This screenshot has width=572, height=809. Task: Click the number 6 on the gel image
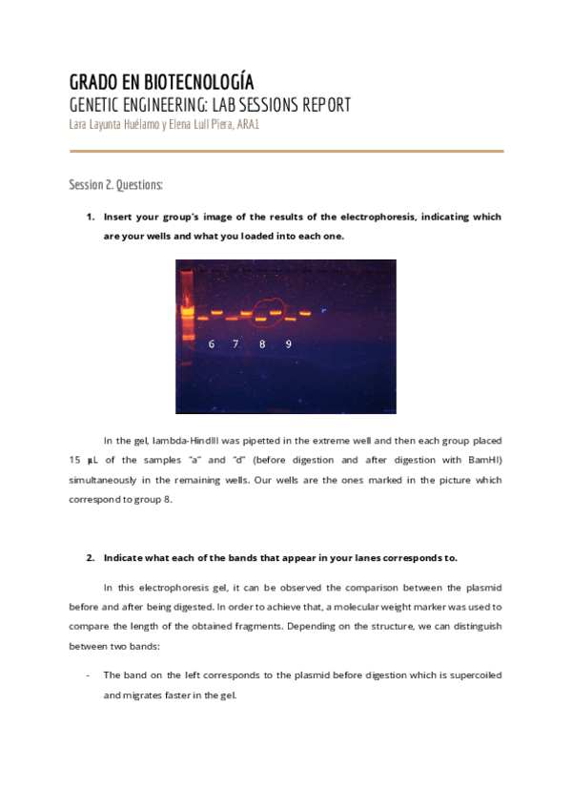(212, 344)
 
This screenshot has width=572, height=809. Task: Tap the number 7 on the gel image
(235, 344)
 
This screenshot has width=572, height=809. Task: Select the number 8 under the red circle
(262, 344)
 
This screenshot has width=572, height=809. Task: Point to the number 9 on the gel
(288, 344)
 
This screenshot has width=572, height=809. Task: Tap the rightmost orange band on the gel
(306, 312)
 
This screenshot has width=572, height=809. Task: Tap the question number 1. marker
(91, 217)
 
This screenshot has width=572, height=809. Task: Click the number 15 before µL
(75, 460)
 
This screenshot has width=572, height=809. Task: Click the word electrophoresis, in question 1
(369, 217)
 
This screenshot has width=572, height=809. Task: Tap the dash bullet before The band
(88, 674)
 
